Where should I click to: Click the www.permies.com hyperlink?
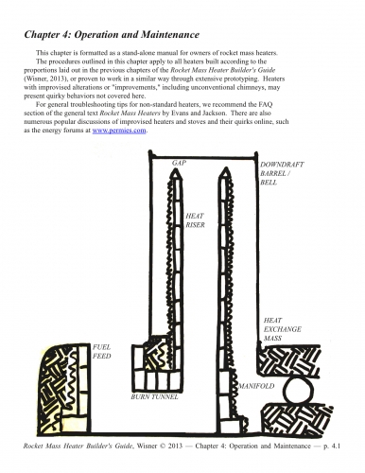pyautogui.click(x=119, y=131)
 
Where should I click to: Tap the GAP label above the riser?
pyautogui.click(x=179, y=163)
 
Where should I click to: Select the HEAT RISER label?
pyautogui.click(x=195, y=220)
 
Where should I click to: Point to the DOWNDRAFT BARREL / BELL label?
pyautogui.click(x=282, y=173)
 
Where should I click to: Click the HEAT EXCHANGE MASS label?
pyautogui.click(x=283, y=329)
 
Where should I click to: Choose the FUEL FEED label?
pyautogui.click(x=101, y=351)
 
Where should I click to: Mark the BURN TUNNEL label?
pyautogui.click(x=154, y=396)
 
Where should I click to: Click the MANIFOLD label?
pyautogui.click(x=256, y=386)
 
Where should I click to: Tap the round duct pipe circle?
pyautogui.click(x=298, y=391)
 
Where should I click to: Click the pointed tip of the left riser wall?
pyautogui.click(x=176, y=168)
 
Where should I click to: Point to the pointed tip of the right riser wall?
pyautogui.click(x=225, y=168)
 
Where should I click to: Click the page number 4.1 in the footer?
pyautogui.click(x=336, y=446)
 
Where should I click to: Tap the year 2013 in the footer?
pyautogui.click(x=175, y=446)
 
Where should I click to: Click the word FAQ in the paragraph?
pyautogui.click(x=266, y=104)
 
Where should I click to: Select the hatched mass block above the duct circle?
pyautogui.click(x=289, y=360)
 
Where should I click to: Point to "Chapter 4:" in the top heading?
pyautogui.click(x=48, y=34)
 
